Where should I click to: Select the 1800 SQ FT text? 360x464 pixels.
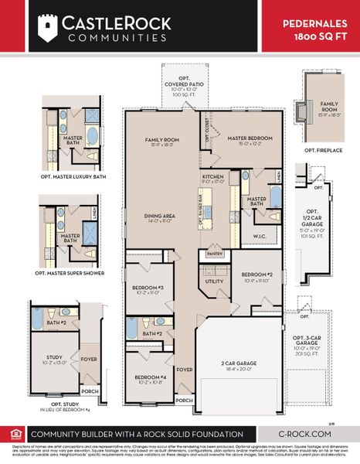[x=323, y=36]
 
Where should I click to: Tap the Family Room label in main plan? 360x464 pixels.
[x=162, y=142]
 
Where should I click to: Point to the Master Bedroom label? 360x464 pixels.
[x=248, y=142]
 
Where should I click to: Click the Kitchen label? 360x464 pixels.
[x=212, y=179]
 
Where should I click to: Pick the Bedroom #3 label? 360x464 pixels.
[x=148, y=289]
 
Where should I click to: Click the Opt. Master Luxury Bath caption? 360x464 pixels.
[x=73, y=176]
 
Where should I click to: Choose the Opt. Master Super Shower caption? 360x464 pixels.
[x=73, y=273]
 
